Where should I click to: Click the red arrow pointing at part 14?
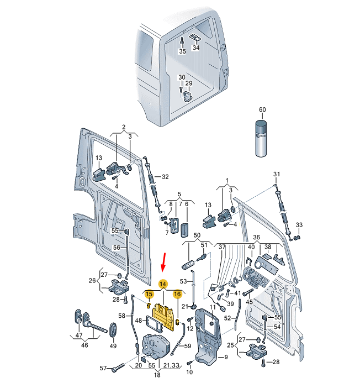point(164,263)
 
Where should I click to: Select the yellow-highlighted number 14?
point(163,284)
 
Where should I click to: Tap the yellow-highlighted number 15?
point(149,295)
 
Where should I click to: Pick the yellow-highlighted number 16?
point(177,294)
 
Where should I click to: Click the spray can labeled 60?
point(261,138)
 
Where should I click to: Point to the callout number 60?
point(262,109)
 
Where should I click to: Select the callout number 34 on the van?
point(196,48)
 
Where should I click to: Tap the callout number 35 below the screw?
point(182,51)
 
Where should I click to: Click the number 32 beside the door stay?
point(165,177)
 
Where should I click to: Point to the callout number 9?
point(226,357)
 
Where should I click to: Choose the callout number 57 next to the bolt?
point(103,368)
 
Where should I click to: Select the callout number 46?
point(84,345)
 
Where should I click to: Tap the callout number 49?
point(113,346)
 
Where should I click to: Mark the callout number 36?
point(257,237)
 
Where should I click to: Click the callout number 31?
point(277,174)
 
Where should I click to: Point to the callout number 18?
point(157,375)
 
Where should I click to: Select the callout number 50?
point(197,235)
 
